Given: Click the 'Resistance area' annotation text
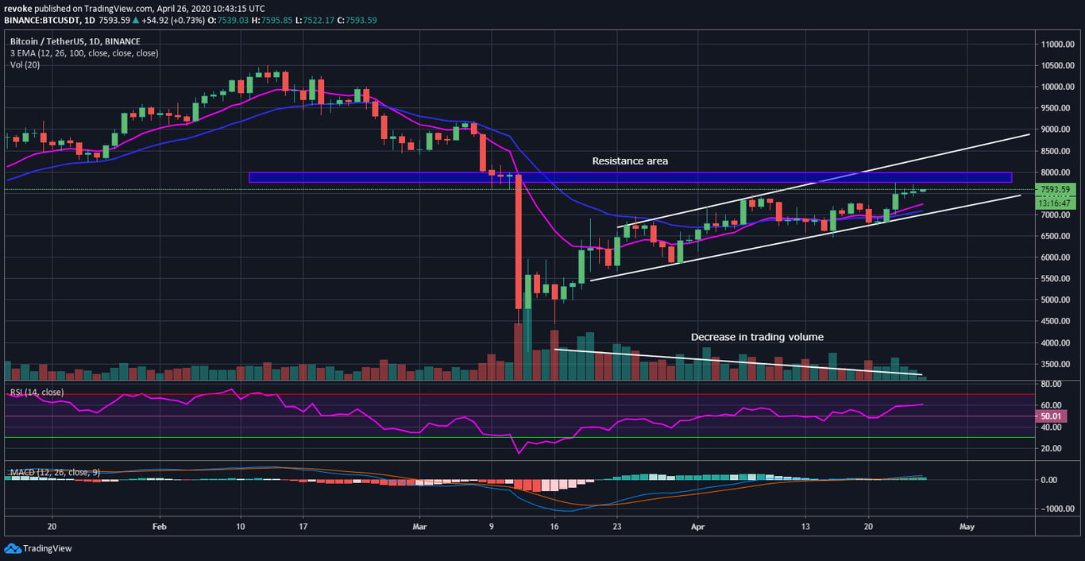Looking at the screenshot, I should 630,161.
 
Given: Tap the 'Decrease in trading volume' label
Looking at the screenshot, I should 757,337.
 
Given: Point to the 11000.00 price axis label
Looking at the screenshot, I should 1058,44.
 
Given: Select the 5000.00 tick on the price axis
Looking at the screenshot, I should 1058,300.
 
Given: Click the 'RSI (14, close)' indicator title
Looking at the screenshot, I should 37,393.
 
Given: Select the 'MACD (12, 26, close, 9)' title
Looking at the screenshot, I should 55,473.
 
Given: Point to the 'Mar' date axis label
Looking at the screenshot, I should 421,526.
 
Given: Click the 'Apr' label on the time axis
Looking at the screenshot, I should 697,526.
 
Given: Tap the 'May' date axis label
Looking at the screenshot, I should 967,526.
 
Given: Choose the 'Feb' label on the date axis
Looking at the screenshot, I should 160,526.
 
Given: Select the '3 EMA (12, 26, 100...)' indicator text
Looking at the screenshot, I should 84,53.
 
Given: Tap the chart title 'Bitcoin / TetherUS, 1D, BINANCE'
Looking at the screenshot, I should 75,41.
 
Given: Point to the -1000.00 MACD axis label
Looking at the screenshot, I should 1058,509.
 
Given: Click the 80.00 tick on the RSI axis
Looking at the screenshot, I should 1052,385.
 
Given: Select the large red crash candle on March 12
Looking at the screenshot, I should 518,242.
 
